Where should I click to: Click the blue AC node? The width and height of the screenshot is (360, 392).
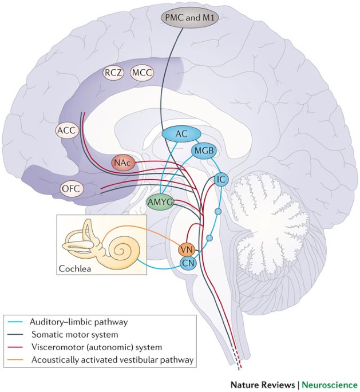point(182,133)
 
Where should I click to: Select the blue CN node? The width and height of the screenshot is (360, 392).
point(188,263)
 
